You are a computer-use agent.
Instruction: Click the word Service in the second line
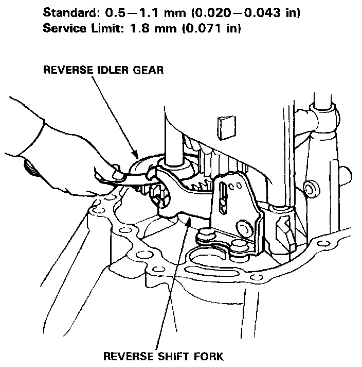[61, 28]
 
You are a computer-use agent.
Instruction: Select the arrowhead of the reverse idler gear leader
[137, 157]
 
